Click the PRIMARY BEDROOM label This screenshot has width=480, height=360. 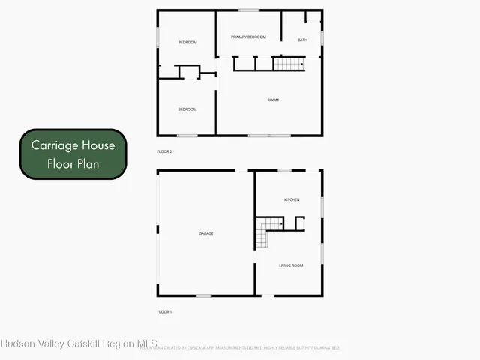248,37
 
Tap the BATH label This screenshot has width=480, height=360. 302,40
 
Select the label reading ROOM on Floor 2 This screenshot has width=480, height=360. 273,100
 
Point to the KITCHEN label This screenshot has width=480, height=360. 292,199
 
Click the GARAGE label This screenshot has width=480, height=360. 206,233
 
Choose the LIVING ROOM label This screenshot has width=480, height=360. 291,265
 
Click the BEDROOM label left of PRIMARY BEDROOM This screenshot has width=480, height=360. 187,42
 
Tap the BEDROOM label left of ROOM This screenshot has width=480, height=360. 187,109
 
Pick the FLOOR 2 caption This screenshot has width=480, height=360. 164,151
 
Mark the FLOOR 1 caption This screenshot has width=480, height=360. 164,311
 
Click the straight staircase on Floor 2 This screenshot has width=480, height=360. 289,64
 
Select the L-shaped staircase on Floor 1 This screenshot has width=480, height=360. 268,230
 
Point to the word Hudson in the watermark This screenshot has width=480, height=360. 19,344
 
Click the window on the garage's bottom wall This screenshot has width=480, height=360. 203,295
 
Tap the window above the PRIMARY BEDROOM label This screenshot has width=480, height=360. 249,10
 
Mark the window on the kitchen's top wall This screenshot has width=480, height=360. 284,170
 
